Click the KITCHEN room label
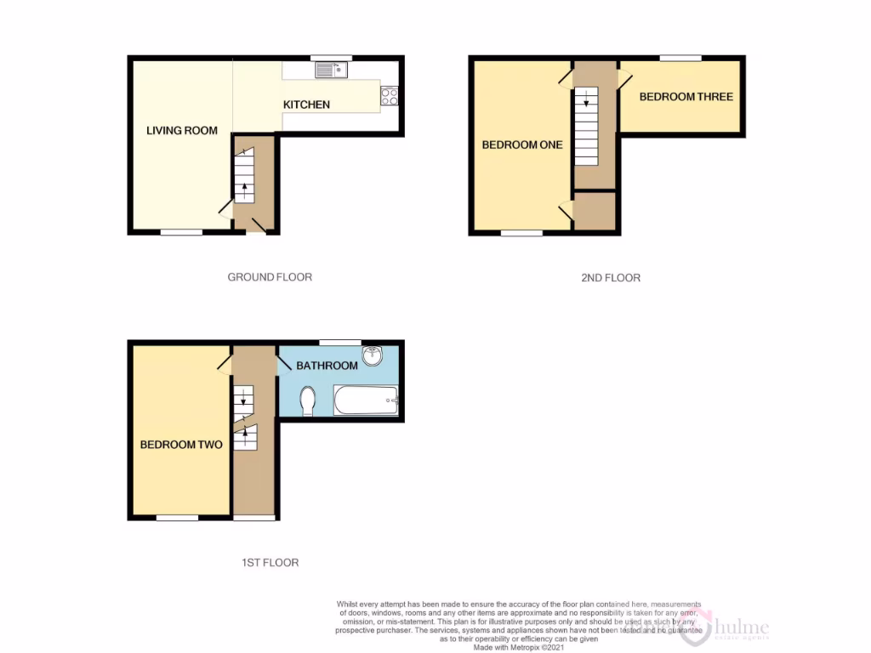pyautogui.click(x=306, y=105)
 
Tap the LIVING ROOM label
pyautogui.click(x=182, y=131)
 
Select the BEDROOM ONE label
pyautogui.click(x=522, y=145)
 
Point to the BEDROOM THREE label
pyautogui.click(x=686, y=97)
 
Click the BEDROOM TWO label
pyautogui.click(x=181, y=445)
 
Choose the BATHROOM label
pyautogui.click(x=327, y=366)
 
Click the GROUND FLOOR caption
pyautogui.click(x=270, y=277)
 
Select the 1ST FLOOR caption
pyautogui.click(x=269, y=563)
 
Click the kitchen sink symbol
pyautogui.click(x=331, y=71)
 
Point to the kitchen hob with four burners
pyautogui.click(x=390, y=97)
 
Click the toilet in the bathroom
pyautogui.click(x=308, y=400)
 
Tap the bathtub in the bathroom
pyautogui.click(x=366, y=400)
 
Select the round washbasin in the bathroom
pyautogui.click(x=372, y=356)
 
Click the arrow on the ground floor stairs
pyautogui.click(x=245, y=187)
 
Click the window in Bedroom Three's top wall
pyautogui.click(x=680, y=58)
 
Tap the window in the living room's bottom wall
pyautogui.click(x=182, y=231)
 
